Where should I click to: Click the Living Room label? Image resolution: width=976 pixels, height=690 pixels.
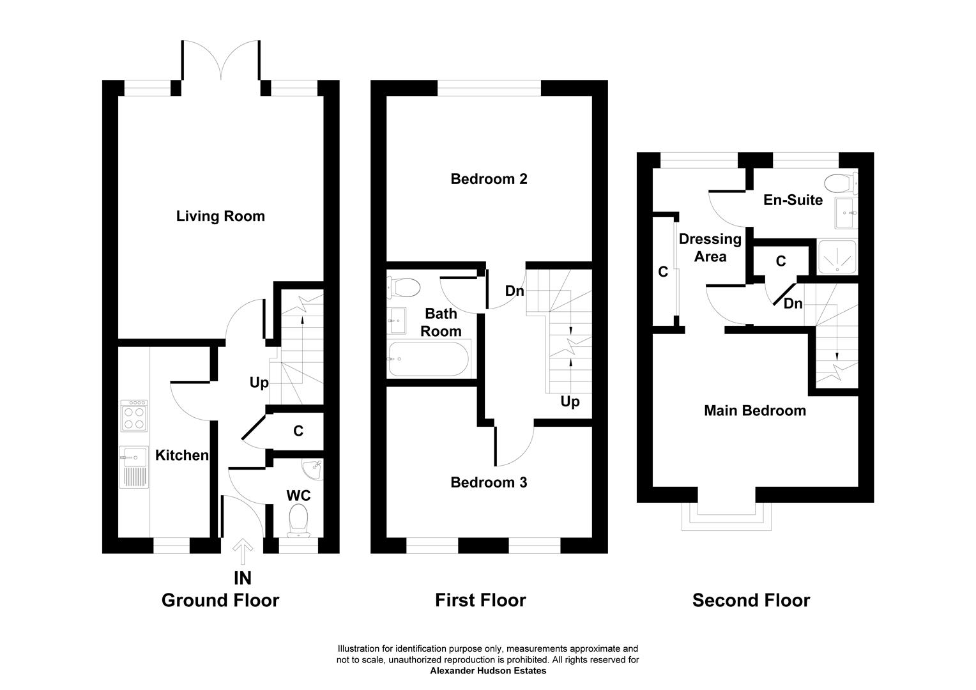pyautogui.click(x=220, y=216)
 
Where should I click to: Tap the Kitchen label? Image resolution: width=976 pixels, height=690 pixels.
pyautogui.click(x=182, y=455)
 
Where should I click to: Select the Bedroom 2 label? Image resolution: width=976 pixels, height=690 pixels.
pyautogui.click(x=489, y=179)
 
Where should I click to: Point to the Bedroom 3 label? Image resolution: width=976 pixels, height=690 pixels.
pyautogui.click(x=489, y=482)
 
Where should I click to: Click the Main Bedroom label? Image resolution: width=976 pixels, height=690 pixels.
pyautogui.click(x=755, y=411)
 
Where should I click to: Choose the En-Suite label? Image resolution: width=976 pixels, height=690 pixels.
pyautogui.click(x=793, y=200)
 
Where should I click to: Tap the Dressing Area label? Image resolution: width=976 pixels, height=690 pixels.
pyautogui.click(x=710, y=248)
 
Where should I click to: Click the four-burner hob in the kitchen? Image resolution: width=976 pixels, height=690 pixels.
pyautogui.click(x=133, y=416)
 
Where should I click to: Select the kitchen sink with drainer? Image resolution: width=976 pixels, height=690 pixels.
pyautogui.click(x=133, y=467)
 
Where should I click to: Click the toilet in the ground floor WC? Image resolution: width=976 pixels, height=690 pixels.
pyautogui.click(x=298, y=521)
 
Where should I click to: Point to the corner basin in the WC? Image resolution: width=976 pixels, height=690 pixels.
pyautogui.click(x=313, y=470)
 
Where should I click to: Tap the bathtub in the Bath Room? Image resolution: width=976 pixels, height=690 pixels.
pyautogui.click(x=429, y=358)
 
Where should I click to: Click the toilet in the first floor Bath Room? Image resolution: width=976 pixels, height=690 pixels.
pyautogui.click(x=404, y=287)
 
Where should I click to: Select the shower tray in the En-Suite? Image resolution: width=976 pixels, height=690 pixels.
pyautogui.click(x=837, y=257)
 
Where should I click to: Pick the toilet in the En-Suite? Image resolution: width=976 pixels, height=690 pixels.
pyautogui.click(x=841, y=183)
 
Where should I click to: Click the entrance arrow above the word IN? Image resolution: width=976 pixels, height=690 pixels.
pyautogui.click(x=243, y=551)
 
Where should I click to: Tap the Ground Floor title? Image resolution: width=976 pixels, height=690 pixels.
pyautogui.click(x=220, y=601)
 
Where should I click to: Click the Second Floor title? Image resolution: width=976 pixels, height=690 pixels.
pyautogui.click(x=751, y=601)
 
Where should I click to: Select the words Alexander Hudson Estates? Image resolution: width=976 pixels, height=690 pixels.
pyautogui.click(x=488, y=671)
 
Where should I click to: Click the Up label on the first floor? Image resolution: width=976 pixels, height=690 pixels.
pyautogui.click(x=570, y=401)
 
